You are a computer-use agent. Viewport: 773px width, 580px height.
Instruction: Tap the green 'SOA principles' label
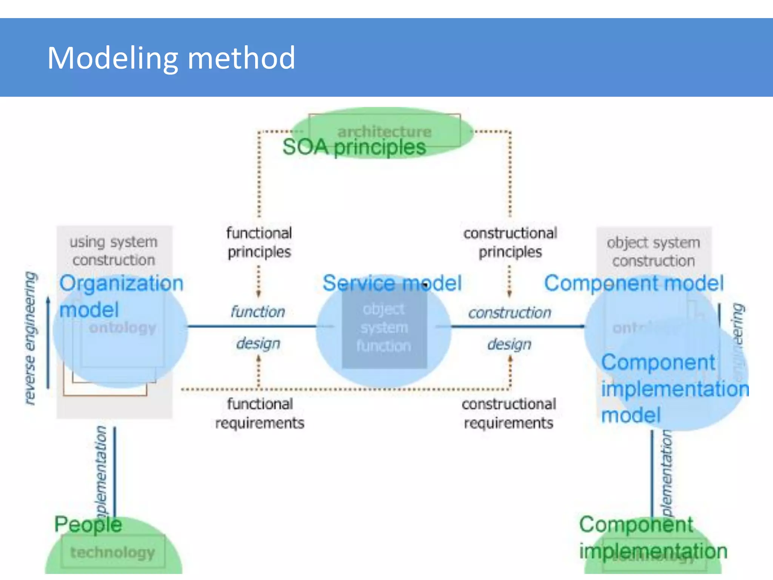pyautogui.click(x=354, y=148)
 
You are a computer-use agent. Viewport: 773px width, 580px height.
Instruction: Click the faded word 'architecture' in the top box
pyautogui.click(x=384, y=131)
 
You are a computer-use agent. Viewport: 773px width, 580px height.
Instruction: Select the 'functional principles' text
pyautogui.click(x=259, y=242)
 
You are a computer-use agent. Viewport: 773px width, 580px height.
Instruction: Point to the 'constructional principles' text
pyautogui.click(x=510, y=242)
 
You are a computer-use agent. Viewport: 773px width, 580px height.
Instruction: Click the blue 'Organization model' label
pyautogui.click(x=121, y=296)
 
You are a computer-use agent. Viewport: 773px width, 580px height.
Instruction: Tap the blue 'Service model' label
pyautogui.click(x=392, y=283)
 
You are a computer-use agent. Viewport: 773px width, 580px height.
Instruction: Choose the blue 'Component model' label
pyautogui.click(x=634, y=283)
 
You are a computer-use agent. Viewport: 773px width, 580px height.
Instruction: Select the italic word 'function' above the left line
pyautogui.click(x=258, y=312)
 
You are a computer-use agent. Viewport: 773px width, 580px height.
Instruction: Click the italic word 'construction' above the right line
pyautogui.click(x=510, y=313)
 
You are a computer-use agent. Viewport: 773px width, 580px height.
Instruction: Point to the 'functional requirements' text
pyautogui.click(x=260, y=413)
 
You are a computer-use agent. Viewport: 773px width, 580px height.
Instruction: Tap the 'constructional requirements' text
pyautogui.click(x=509, y=413)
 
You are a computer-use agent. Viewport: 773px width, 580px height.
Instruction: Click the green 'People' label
pyautogui.click(x=88, y=524)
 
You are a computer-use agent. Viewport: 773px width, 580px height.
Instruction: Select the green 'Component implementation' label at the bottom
pyautogui.click(x=653, y=538)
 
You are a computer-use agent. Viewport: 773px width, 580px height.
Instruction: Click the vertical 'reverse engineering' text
pyautogui.click(x=30, y=338)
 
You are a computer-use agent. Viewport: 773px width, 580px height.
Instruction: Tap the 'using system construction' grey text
pyautogui.click(x=114, y=251)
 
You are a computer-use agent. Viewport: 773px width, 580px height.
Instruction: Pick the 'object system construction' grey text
pyautogui.click(x=653, y=251)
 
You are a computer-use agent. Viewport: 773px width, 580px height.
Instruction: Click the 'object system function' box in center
pyautogui.click(x=384, y=328)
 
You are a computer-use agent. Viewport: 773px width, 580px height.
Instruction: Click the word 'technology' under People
pyautogui.click(x=112, y=552)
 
